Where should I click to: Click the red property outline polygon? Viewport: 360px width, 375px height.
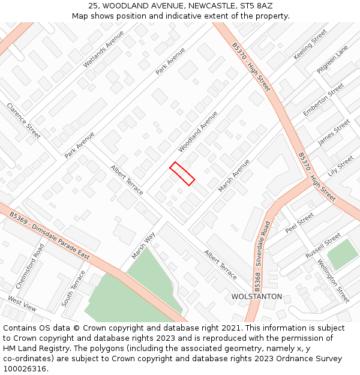click(x=182, y=173)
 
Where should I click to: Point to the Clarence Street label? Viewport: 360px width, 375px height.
click(x=23, y=121)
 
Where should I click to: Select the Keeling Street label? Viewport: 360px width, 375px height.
click(x=310, y=44)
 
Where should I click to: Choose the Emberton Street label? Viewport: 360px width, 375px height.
click(x=323, y=100)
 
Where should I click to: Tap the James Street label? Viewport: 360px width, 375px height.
click(x=334, y=131)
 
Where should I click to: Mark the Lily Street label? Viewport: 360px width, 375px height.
click(x=341, y=164)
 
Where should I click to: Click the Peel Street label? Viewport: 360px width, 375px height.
click(x=299, y=223)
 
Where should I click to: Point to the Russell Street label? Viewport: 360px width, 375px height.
click(x=323, y=245)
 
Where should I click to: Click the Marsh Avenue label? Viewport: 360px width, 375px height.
click(x=234, y=175)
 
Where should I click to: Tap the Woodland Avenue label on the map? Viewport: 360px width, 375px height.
click(x=198, y=131)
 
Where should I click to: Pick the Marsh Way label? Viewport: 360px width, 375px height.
click(x=143, y=245)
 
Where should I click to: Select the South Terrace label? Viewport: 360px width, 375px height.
click(x=73, y=288)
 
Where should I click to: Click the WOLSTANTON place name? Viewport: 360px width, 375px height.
click(x=256, y=296)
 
